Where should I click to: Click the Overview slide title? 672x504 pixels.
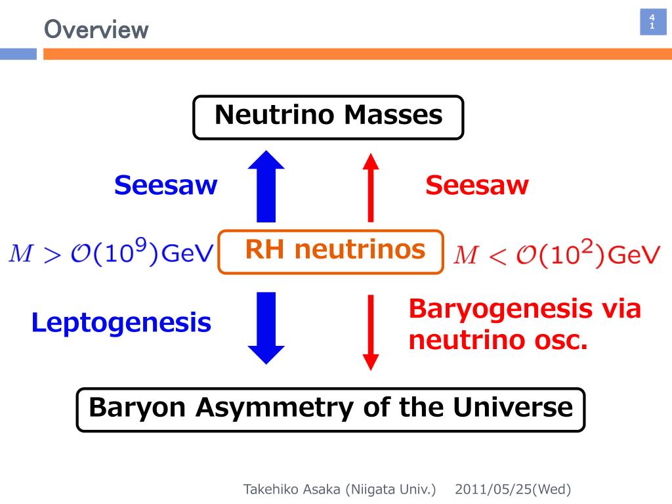96,30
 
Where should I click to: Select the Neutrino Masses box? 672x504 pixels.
328,117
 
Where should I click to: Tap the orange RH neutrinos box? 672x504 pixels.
331,250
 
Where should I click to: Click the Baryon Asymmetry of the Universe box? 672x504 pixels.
330,409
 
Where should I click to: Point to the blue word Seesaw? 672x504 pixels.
165,186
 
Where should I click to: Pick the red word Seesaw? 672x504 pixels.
476,186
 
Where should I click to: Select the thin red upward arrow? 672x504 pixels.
371,186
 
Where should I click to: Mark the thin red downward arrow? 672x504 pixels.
371,331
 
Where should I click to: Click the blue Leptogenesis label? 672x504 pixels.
121,323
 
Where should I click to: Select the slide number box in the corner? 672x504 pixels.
652,22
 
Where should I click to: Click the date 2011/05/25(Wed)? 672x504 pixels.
513,489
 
